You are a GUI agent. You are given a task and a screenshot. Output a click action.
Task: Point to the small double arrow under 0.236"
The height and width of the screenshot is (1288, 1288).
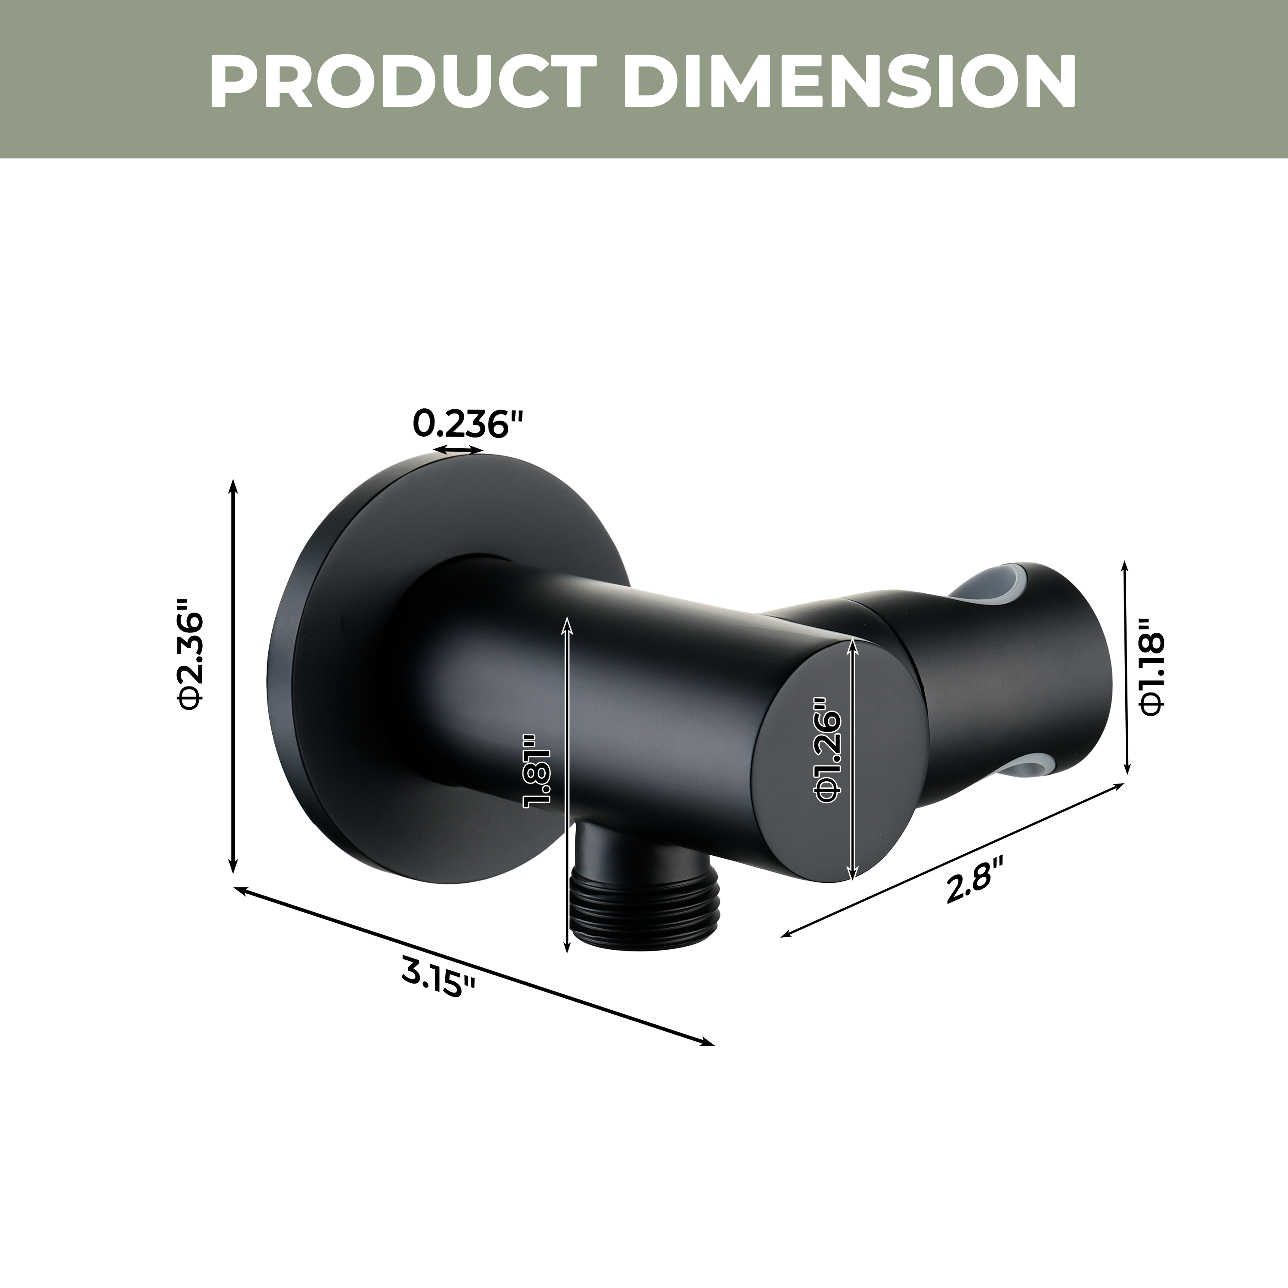point(458,451)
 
